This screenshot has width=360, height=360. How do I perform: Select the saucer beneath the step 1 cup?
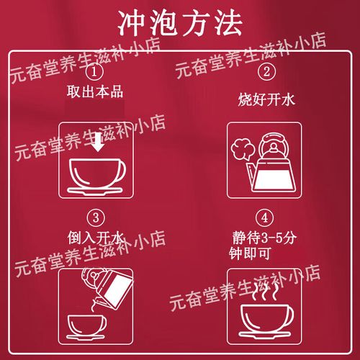click(x=90, y=189)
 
